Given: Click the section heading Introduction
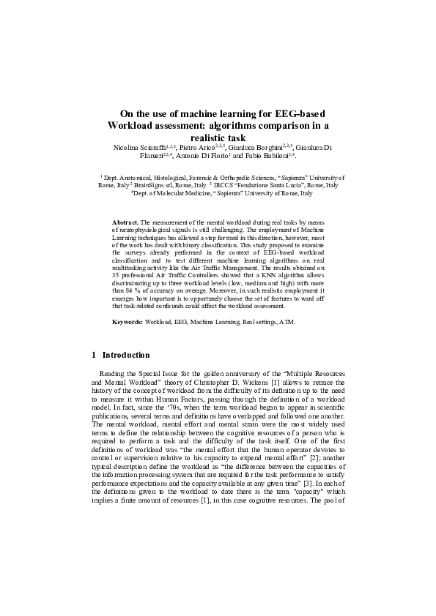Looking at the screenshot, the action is pyautogui.click(x=126, y=356).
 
